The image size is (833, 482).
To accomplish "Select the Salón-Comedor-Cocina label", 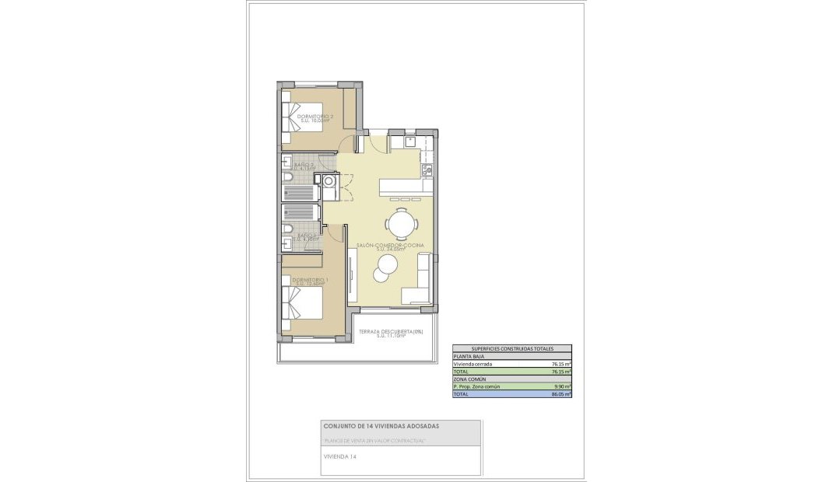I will [x=390, y=246].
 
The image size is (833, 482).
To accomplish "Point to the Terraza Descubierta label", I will [x=391, y=333].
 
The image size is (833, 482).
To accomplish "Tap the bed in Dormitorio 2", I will [x=297, y=114].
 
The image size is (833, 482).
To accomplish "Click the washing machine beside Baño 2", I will [x=330, y=182].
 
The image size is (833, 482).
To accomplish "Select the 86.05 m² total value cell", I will [x=561, y=394].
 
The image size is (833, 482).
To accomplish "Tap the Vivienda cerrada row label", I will [x=473, y=364].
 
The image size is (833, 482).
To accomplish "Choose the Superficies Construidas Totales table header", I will [x=511, y=349].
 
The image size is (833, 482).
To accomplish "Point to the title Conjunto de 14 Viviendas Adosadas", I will [x=381, y=426].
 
